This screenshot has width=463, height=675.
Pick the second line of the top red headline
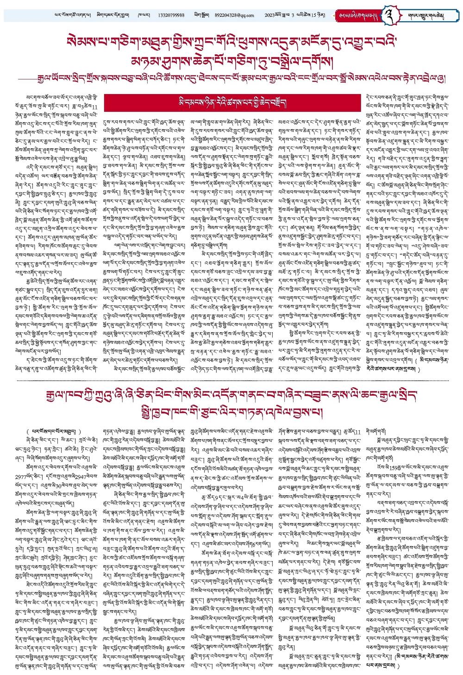(x=231, y=58)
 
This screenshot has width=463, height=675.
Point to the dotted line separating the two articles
(x=231, y=380)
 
